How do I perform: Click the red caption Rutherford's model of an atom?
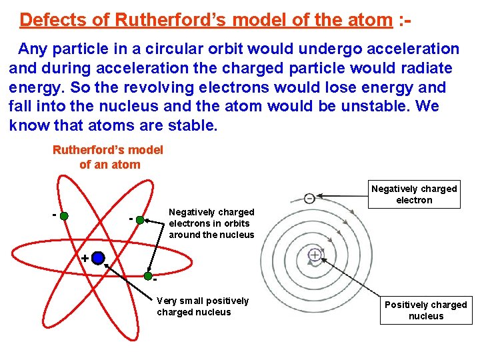coord(108,157)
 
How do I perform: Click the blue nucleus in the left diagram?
coord(98,258)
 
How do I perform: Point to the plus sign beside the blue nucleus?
coord(85,258)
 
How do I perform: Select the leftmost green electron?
coord(63,215)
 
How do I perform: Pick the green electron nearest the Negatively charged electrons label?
coord(140,219)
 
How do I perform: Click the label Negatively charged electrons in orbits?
coord(211,223)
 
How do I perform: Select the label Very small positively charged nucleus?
coord(203,307)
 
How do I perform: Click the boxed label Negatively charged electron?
coord(414,195)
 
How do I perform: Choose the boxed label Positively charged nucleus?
coord(426,311)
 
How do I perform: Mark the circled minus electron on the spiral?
coord(310,198)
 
